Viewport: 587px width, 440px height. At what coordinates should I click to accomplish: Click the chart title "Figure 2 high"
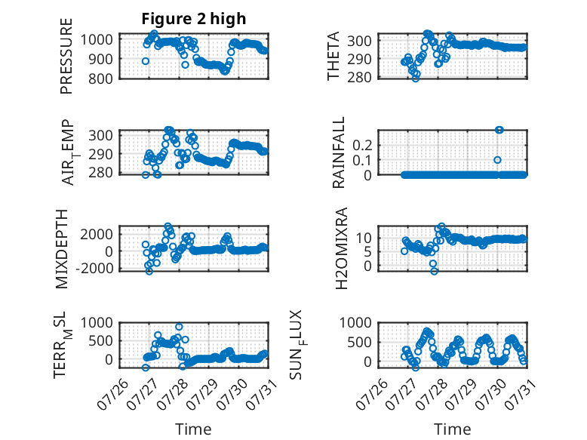194,19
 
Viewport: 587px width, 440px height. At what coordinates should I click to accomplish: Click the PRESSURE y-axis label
66,56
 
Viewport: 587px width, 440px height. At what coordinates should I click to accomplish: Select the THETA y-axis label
333,56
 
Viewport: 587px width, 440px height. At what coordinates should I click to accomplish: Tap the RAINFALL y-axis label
338,152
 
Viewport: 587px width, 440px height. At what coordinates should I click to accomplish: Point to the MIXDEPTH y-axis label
62,249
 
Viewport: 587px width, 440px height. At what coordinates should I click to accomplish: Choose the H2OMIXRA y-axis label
342,248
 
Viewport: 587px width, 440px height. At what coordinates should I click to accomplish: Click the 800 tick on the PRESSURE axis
100,78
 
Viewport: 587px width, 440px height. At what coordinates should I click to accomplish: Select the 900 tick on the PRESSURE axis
100,59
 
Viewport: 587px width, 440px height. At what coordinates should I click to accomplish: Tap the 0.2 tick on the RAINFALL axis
363,145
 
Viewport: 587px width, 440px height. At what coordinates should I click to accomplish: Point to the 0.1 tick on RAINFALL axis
363,160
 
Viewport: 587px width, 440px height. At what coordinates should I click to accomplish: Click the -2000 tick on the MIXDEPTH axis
94,268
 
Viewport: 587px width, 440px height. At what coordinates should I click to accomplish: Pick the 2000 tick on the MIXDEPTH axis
97,235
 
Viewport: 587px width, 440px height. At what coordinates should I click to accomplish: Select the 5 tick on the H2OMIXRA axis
368,252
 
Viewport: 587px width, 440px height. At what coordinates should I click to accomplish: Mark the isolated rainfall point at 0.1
497,160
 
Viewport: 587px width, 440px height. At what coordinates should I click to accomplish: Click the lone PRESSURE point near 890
146,61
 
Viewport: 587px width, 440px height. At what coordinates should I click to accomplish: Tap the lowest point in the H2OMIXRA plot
434,271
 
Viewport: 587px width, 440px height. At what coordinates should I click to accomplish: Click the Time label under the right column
452,429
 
